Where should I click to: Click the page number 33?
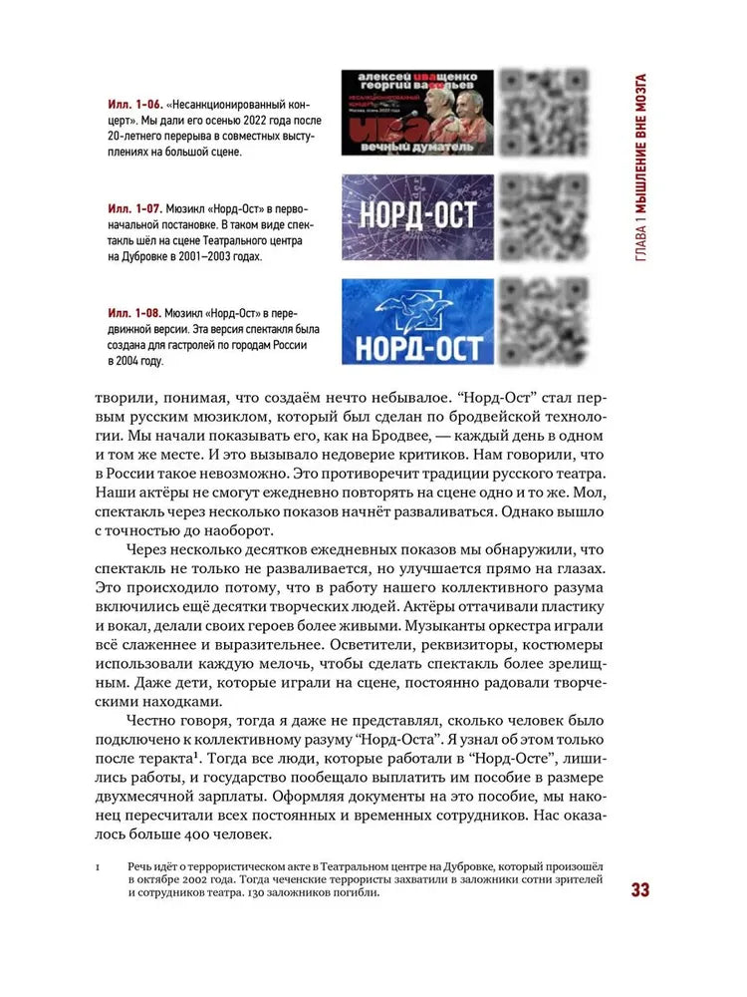[639, 889]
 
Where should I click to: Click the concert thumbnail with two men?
[416, 112]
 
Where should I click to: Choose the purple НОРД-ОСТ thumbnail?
[416, 216]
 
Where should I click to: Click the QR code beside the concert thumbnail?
[542, 112]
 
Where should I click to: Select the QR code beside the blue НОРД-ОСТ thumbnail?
[542, 321]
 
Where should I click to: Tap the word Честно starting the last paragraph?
[154, 719]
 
